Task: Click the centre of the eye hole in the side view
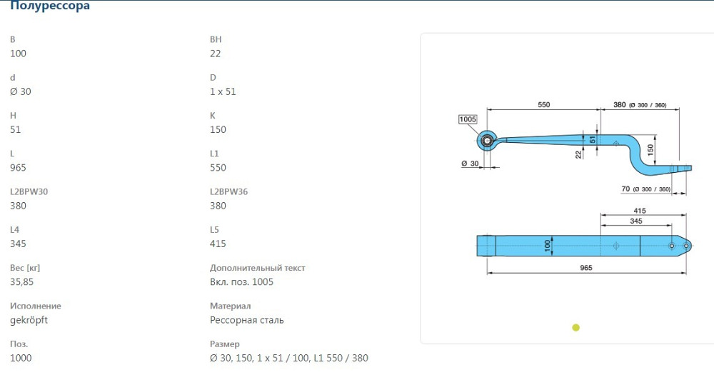click(x=487, y=141)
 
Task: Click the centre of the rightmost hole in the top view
click(x=686, y=246)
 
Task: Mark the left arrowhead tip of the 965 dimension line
click(x=487, y=273)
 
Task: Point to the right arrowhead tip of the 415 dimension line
click(x=685, y=214)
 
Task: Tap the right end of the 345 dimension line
click(x=672, y=224)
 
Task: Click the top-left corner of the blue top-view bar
click(x=477, y=236)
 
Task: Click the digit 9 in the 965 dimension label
click(x=582, y=267)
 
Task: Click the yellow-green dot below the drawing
click(x=575, y=327)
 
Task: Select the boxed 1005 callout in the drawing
click(x=468, y=119)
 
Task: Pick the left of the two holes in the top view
click(x=671, y=246)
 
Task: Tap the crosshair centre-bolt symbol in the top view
click(x=616, y=246)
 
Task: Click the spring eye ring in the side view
click(x=487, y=141)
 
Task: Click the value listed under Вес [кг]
click(x=22, y=281)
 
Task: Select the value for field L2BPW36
click(x=218, y=206)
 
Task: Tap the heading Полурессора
click(x=50, y=6)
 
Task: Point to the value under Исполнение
click(x=29, y=320)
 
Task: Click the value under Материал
click(x=247, y=320)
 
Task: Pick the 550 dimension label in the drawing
click(x=543, y=104)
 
